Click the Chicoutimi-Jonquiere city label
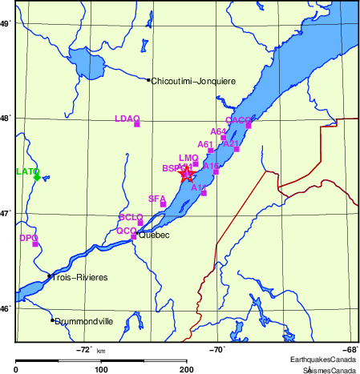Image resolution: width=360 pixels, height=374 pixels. [x=193, y=81]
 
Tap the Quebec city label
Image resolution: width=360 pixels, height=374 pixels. [x=154, y=235]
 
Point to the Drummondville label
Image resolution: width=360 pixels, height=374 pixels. [x=84, y=322]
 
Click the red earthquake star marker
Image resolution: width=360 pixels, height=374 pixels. [x=187, y=175]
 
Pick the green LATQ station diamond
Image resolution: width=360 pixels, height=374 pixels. [x=37, y=177]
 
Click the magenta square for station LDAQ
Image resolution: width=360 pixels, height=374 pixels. [x=137, y=124]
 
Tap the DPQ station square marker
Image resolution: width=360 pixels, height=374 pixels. [x=35, y=243]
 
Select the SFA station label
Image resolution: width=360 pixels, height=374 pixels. [x=157, y=197]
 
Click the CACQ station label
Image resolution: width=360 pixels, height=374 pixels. [x=238, y=119]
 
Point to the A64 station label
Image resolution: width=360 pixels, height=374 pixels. [x=218, y=131]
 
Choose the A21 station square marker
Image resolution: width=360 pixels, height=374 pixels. [x=237, y=149]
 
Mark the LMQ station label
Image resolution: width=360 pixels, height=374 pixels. [x=188, y=158]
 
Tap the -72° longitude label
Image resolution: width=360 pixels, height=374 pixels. [x=83, y=349]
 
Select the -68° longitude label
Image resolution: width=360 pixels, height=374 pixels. [x=350, y=349]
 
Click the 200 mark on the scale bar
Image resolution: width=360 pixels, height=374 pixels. [x=187, y=369]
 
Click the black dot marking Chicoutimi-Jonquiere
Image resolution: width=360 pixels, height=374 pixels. [x=148, y=79]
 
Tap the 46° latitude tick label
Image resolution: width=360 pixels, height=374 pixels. [x=6, y=308]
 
